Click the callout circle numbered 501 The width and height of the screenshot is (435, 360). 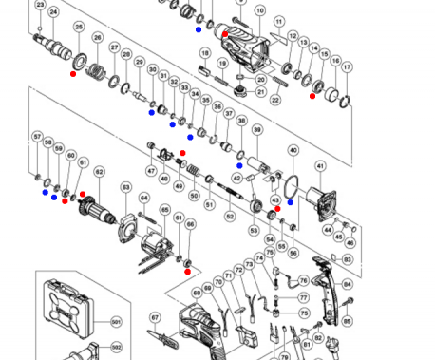(117, 322)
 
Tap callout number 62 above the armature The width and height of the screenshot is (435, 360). (99, 172)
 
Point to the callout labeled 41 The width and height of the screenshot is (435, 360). (320, 166)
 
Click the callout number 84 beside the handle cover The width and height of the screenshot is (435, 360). (347, 284)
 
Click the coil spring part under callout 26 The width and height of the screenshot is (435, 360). (97, 67)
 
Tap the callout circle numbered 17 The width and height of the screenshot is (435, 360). (348, 67)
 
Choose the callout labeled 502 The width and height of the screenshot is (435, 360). (117, 348)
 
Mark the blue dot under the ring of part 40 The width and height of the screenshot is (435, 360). (290, 202)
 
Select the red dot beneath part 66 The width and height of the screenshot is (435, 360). (187, 271)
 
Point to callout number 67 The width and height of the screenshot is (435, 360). (155, 317)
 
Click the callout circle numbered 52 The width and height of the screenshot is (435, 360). (229, 218)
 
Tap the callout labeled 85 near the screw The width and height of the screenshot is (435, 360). (347, 321)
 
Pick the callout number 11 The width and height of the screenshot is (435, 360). (278, 21)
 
